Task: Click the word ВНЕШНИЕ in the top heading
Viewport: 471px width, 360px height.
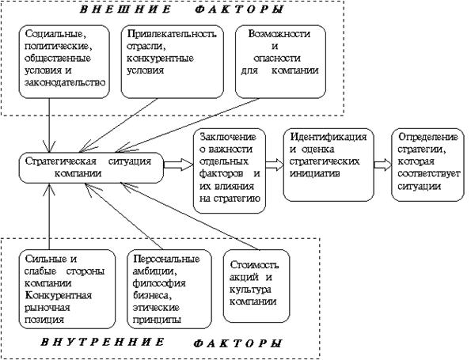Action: click(125, 9)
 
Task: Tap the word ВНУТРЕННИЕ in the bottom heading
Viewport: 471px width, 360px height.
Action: click(102, 343)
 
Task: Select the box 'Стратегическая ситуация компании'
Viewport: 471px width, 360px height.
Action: click(91, 168)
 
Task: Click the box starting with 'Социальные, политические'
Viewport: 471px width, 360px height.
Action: click(64, 62)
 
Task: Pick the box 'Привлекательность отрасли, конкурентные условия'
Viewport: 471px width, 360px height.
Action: click(173, 62)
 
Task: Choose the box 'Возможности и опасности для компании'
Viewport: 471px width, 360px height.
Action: click(280, 62)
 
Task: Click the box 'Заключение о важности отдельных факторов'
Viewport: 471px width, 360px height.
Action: click(230, 171)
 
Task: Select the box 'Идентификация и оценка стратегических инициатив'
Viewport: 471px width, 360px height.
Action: click(329, 165)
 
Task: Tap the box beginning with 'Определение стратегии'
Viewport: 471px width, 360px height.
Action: click(428, 165)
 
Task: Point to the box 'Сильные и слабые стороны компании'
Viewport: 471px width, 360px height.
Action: click(67, 289)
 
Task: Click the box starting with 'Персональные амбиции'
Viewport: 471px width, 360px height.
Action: click(169, 289)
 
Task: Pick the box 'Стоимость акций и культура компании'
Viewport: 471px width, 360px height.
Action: click(256, 286)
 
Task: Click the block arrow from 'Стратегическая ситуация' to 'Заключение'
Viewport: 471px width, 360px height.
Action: click(178, 165)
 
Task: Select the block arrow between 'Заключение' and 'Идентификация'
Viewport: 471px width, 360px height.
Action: click(275, 165)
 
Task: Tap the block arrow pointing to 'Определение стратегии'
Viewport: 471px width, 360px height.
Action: click(383, 165)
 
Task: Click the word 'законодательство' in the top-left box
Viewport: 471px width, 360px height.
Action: click(65, 83)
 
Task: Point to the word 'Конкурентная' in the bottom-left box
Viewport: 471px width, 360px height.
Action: click(58, 295)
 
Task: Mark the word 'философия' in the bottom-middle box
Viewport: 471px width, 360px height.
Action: click(159, 283)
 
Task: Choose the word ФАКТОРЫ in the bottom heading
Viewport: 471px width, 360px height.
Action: click(237, 343)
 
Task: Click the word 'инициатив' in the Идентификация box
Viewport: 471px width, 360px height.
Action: click(315, 173)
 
